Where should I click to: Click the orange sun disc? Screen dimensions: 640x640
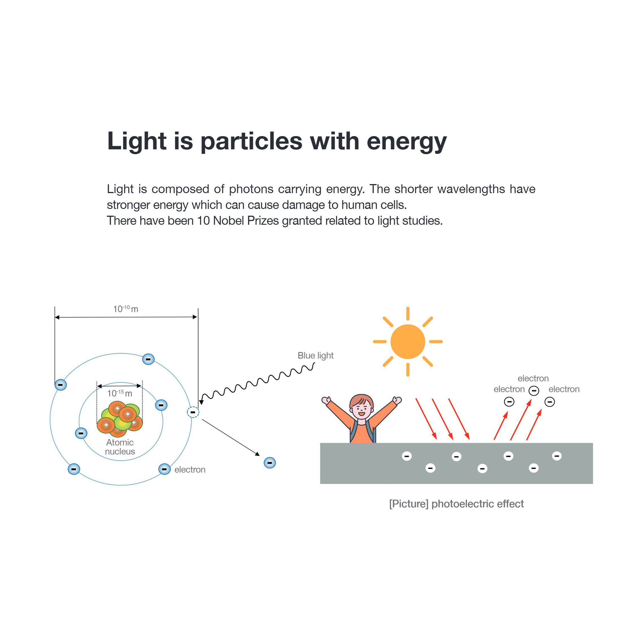[x=408, y=342]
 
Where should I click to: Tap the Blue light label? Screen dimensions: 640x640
[x=315, y=355]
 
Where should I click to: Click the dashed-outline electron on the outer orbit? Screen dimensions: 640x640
[x=193, y=412]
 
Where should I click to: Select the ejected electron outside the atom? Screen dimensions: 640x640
[x=270, y=463]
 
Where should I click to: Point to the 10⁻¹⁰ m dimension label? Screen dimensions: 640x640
[x=126, y=309]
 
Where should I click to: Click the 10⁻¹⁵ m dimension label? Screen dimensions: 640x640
[x=120, y=393]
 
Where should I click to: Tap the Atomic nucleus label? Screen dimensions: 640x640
[x=120, y=447]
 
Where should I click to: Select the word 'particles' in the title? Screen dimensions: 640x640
[x=252, y=141]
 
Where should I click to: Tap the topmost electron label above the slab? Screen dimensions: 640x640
[x=533, y=378]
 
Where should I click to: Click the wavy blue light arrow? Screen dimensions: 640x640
[x=258, y=384]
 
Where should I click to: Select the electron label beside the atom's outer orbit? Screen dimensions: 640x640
[x=190, y=469]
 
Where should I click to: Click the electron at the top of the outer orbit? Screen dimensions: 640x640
[x=148, y=359]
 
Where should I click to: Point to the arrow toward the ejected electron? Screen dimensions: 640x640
[x=231, y=438]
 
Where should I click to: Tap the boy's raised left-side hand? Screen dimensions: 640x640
[x=326, y=401]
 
